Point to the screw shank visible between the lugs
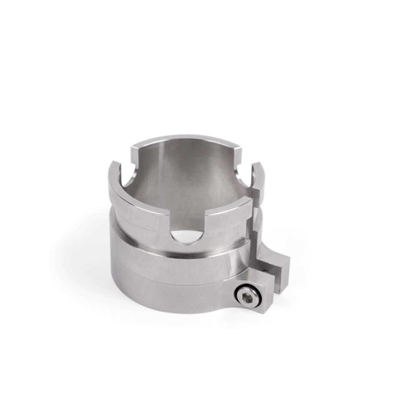(266, 272)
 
